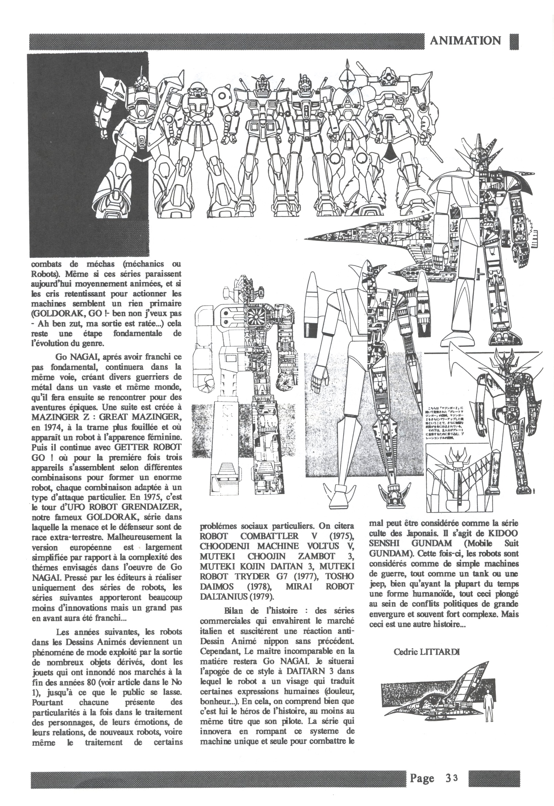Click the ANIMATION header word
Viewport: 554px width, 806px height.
coord(465,41)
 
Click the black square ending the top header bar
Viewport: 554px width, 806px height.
coord(514,41)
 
